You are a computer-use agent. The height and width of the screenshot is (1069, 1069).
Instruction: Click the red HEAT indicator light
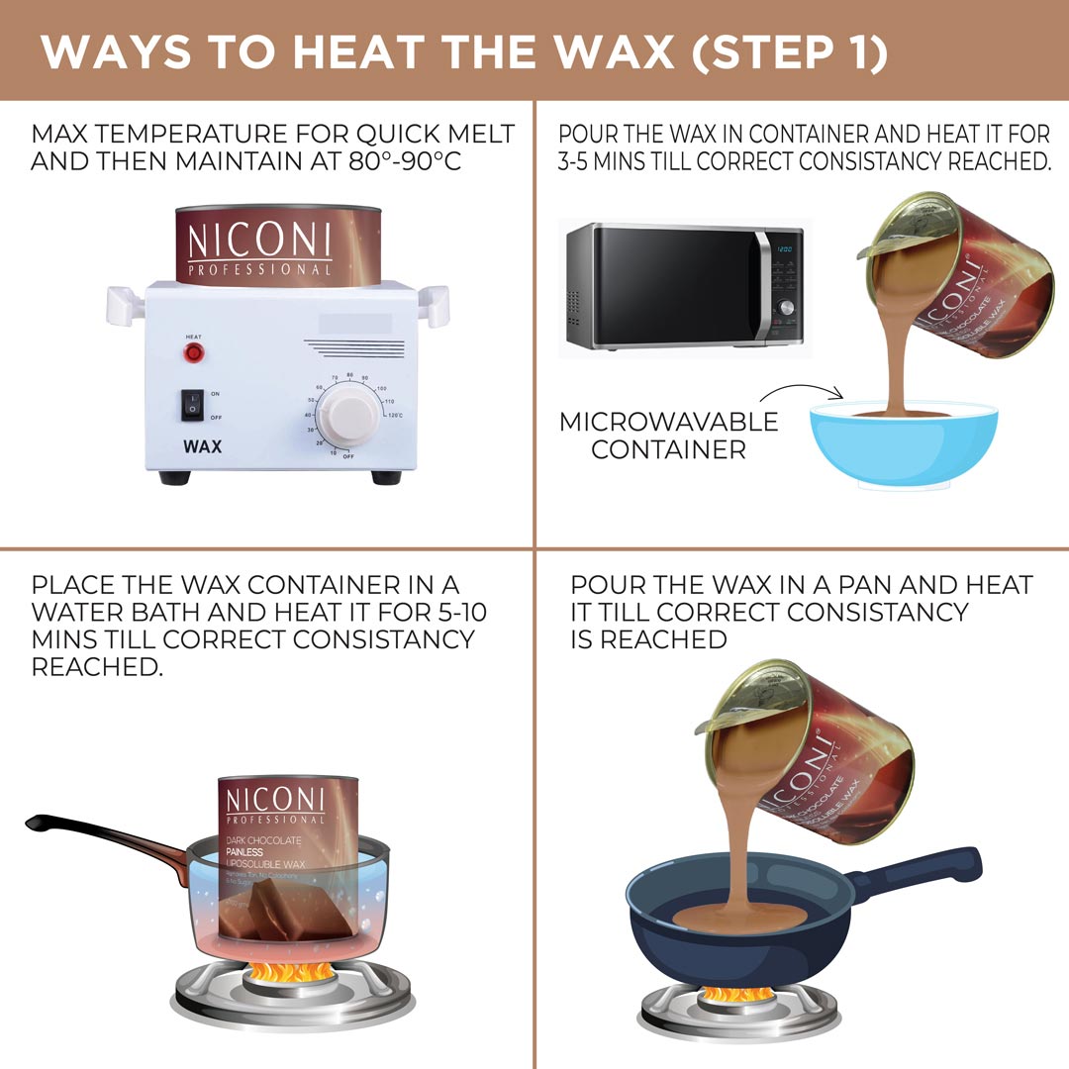[x=194, y=352]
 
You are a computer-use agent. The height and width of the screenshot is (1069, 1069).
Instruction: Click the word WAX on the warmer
[x=202, y=446]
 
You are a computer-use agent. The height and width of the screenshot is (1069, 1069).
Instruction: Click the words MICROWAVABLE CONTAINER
[x=669, y=436]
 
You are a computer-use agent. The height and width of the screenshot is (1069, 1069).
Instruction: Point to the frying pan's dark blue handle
[x=921, y=877]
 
